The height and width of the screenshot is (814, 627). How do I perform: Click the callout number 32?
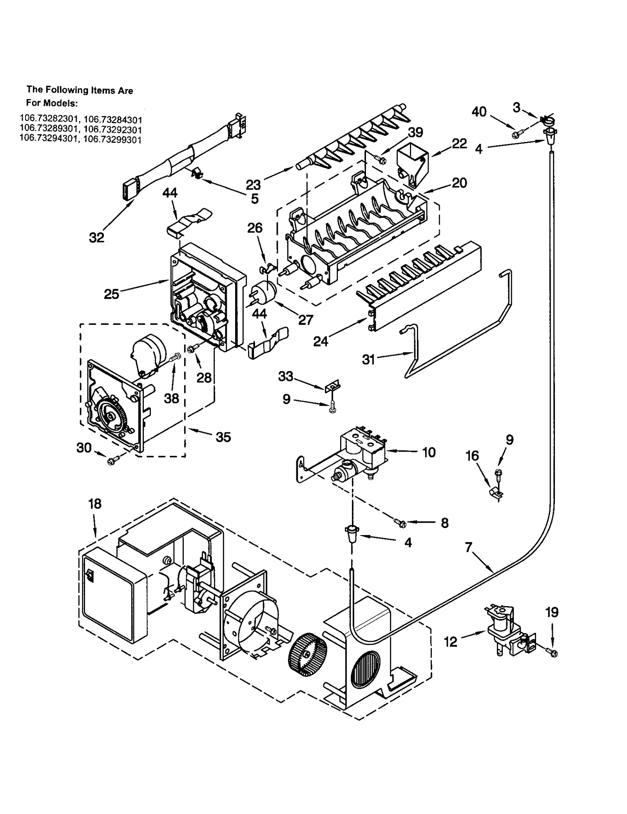point(96,237)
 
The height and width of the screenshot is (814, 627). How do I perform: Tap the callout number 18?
point(95,504)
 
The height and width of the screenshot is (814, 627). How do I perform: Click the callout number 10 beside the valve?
point(429,452)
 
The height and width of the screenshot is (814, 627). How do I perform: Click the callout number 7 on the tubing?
point(469,547)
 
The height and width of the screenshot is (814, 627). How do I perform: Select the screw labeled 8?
point(400,521)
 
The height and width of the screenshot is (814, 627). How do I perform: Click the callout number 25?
point(111,294)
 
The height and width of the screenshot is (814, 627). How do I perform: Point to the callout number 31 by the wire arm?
point(369,359)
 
